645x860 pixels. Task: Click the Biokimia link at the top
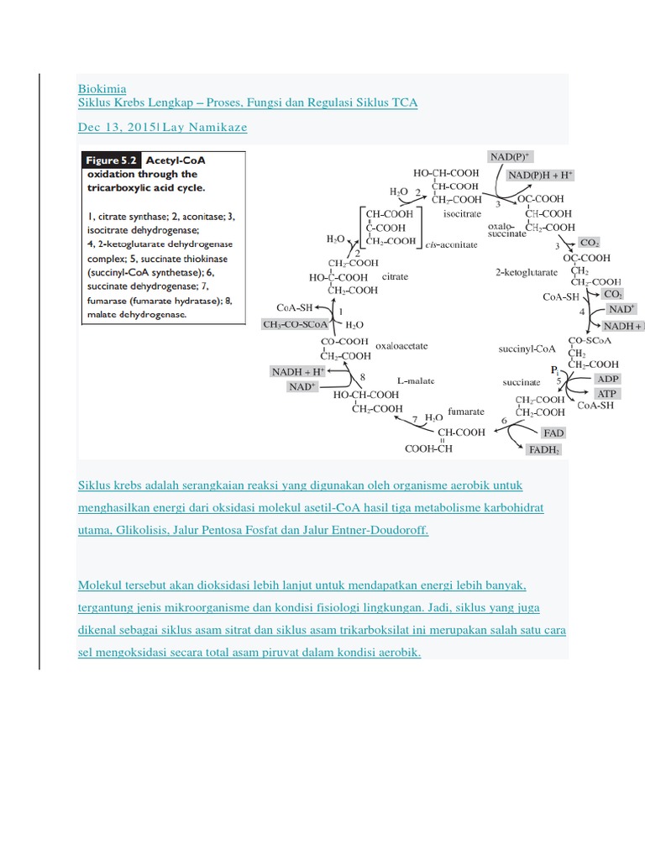(x=102, y=88)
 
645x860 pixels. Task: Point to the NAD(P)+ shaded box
(x=511, y=157)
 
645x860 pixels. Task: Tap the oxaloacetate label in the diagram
(x=402, y=344)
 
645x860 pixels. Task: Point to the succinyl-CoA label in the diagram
(x=527, y=346)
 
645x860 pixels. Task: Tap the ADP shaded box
(x=606, y=379)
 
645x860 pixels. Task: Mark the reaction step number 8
(x=363, y=376)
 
